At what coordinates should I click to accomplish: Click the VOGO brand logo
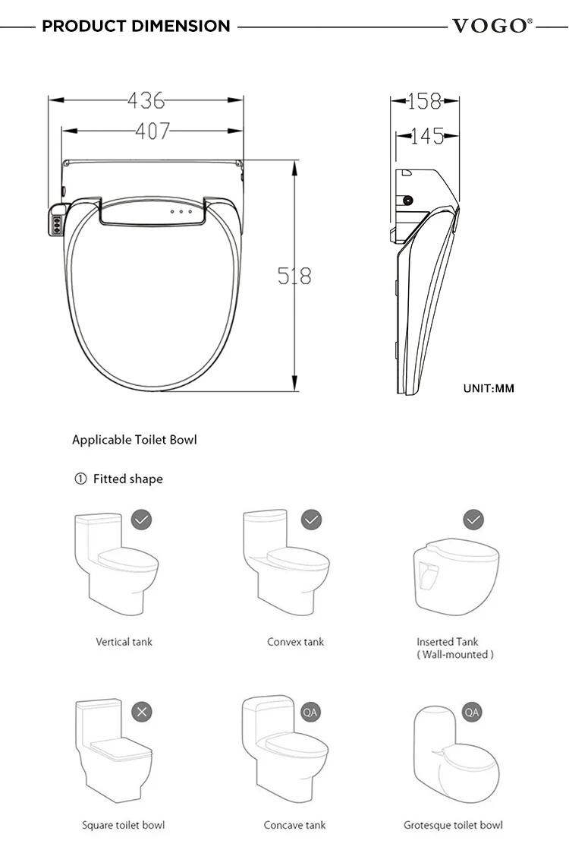[490, 26]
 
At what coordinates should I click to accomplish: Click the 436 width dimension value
[146, 100]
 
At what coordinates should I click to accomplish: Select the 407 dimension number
[152, 131]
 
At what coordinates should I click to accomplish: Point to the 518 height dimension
[294, 276]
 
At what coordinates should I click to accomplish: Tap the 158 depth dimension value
[425, 100]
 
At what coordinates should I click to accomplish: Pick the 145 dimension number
[427, 136]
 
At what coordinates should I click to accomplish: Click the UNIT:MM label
[489, 388]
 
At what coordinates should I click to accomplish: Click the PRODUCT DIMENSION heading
[136, 26]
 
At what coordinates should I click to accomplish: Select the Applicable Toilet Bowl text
[134, 440]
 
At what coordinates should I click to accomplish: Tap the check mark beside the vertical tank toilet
[141, 520]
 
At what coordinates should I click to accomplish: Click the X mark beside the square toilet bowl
[141, 712]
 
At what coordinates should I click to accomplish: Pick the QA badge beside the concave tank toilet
[310, 712]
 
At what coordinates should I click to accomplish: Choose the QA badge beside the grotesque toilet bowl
[472, 712]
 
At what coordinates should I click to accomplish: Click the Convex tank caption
[295, 642]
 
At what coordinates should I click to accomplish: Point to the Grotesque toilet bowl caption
[453, 825]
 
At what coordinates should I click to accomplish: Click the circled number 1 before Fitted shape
[80, 479]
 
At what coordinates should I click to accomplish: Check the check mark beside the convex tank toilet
[311, 520]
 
